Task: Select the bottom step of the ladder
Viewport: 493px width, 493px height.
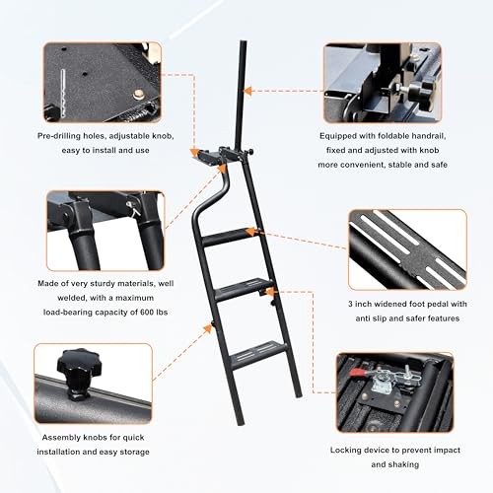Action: point(253,348)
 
